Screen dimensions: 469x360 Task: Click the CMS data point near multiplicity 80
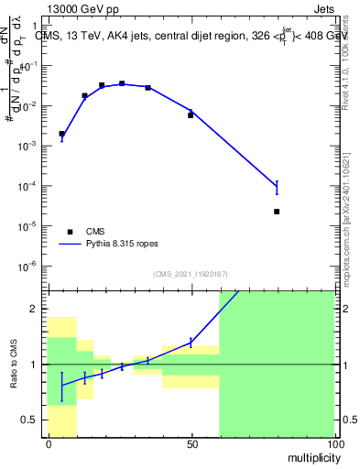(277, 212)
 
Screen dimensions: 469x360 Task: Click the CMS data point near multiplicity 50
(191, 115)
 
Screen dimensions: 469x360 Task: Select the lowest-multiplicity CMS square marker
(61, 134)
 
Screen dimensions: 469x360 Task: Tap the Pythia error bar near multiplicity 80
(277, 188)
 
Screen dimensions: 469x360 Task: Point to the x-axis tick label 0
(48, 444)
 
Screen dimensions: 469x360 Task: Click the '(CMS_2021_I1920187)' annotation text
(190, 274)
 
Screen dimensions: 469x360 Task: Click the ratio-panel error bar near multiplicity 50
(191, 342)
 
